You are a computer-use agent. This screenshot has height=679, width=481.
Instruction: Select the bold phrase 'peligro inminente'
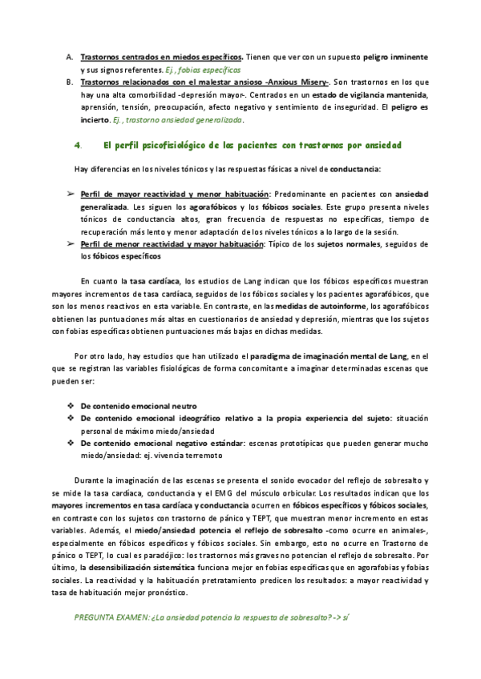pyautogui.click(x=396, y=58)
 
